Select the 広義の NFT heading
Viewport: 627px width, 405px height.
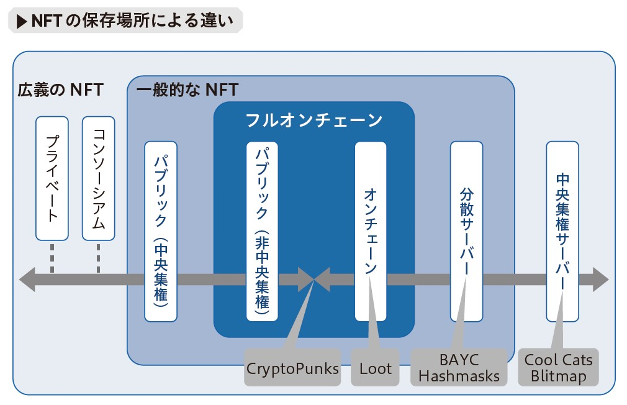[x=60, y=89]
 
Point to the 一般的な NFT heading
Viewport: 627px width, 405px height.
[x=187, y=89]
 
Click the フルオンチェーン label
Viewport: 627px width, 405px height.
[x=314, y=120]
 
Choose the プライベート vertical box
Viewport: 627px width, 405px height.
[x=52, y=178]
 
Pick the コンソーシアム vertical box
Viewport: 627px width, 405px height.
[x=98, y=178]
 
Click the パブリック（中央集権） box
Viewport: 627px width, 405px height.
[x=161, y=231]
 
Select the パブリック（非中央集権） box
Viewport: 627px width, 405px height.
[x=263, y=231]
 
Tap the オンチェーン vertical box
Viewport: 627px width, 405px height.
[x=371, y=231]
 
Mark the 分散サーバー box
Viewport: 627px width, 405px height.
[x=467, y=231]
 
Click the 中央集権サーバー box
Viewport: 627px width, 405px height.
[x=562, y=231]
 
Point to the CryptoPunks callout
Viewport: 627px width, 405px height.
[x=293, y=368]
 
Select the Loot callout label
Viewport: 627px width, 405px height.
[x=376, y=368]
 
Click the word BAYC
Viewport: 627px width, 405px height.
[x=459, y=360]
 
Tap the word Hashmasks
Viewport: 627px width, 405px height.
[x=459, y=376]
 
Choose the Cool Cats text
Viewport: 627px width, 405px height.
[x=558, y=360]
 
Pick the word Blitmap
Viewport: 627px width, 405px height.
[x=558, y=376]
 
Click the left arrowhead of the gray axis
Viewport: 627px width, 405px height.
[x=27, y=280]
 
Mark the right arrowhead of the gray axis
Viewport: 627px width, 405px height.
[x=600, y=280]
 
